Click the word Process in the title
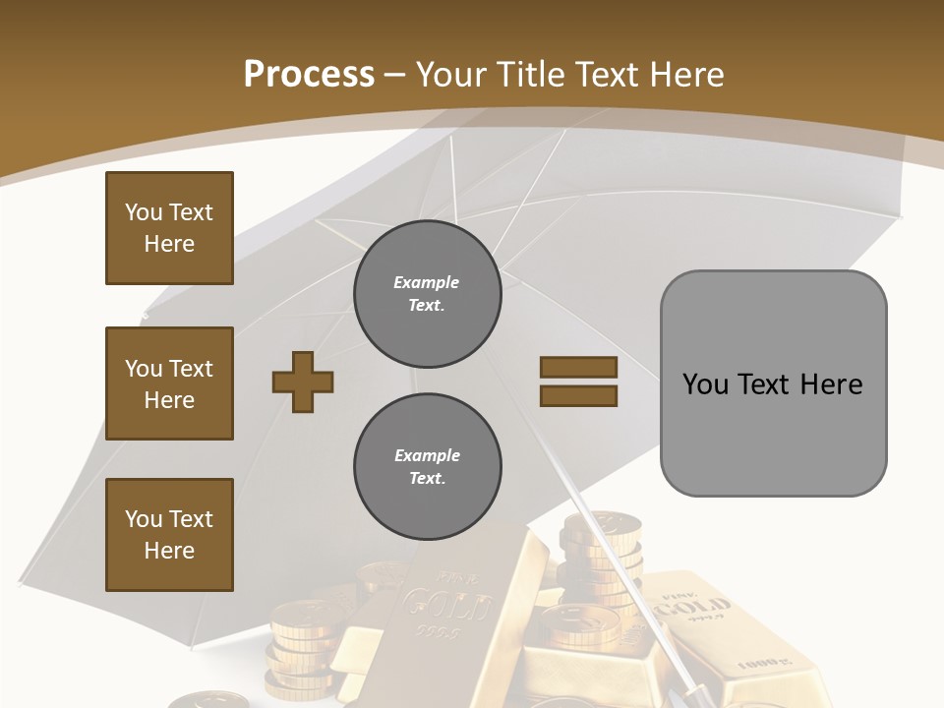[309, 74]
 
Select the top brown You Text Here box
[169, 228]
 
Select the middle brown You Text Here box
[169, 383]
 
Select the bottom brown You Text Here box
[169, 535]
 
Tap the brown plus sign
[303, 382]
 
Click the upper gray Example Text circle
[427, 293]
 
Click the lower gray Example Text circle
[427, 466]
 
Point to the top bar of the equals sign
[578, 368]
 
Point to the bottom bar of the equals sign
[578, 396]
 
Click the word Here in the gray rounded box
[831, 384]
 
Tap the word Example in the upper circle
[426, 282]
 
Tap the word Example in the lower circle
[427, 455]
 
